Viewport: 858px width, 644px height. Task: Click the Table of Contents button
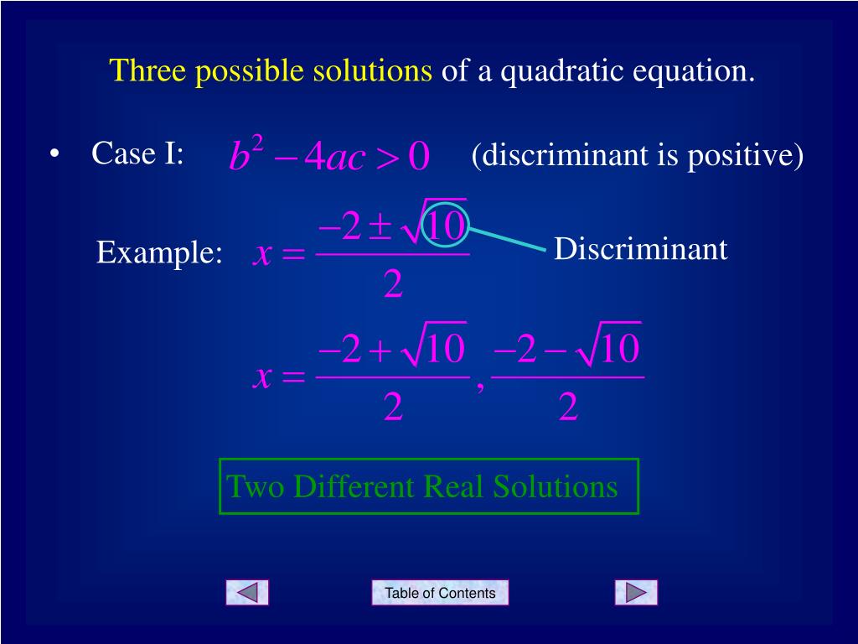pos(440,593)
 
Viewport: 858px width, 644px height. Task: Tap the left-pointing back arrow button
pos(247,593)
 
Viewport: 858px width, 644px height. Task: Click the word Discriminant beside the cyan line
pos(640,249)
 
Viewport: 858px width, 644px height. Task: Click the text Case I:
pos(137,153)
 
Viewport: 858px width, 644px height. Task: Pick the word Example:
pos(159,252)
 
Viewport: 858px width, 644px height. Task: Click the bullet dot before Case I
pos(54,155)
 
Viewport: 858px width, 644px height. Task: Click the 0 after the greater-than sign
pos(419,157)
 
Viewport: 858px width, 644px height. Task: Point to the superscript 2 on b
pos(257,145)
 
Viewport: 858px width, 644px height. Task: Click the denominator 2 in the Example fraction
pos(393,286)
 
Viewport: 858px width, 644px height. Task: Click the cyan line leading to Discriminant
pos(507,237)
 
